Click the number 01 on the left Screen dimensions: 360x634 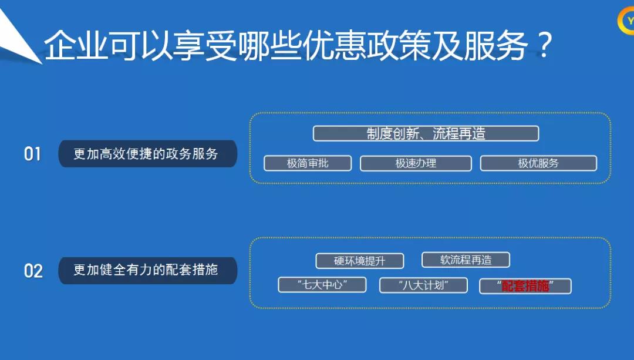pyautogui.click(x=32, y=154)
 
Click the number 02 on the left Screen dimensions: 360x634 pyautogui.click(x=33, y=271)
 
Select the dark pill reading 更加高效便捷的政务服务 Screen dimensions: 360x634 pyautogui.click(x=147, y=154)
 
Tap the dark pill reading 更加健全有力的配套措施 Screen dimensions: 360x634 pyautogui.click(x=147, y=270)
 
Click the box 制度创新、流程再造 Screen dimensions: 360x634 pyautogui.click(x=426, y=133)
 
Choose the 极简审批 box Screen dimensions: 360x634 pyautogui.click(x=308, y=163)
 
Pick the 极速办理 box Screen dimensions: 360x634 pyautogui.click(x=416, y=163)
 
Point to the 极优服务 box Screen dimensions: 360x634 pyautogui.click(x=538, y=163)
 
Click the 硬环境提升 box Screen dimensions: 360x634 pyautogui.click(x=360, y=261)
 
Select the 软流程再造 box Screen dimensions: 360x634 pyautogui.click(x=466, y=260)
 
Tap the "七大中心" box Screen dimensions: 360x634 pyautogui.click(x=322, y=285)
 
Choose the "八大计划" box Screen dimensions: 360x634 pyautogui.click(x=423, y=285)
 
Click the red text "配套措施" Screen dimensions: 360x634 pyautogui.click(x=525, y=286)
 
